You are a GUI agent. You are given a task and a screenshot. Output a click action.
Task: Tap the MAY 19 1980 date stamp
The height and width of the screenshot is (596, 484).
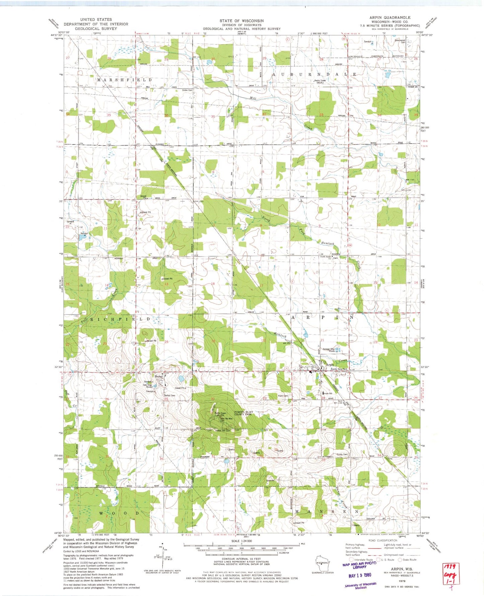(x=359, y=575)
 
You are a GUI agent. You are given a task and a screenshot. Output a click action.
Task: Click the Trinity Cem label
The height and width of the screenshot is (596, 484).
(x=342, y=454)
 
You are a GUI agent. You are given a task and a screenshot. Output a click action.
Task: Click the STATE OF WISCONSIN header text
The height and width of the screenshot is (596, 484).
(x=241, y=21)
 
